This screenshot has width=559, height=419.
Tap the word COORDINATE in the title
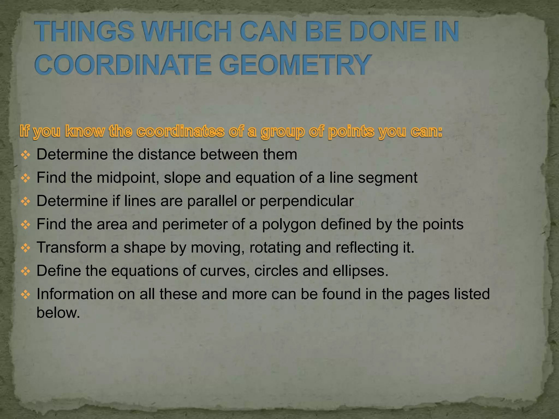[123, 65]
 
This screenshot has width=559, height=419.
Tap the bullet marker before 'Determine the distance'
[25, 155]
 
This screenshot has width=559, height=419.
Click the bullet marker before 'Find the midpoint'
[25, 178]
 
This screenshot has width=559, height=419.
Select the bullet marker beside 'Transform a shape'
[25, 248]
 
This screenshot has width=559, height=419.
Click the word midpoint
[127, 178]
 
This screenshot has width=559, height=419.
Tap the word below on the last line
[58, 313]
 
